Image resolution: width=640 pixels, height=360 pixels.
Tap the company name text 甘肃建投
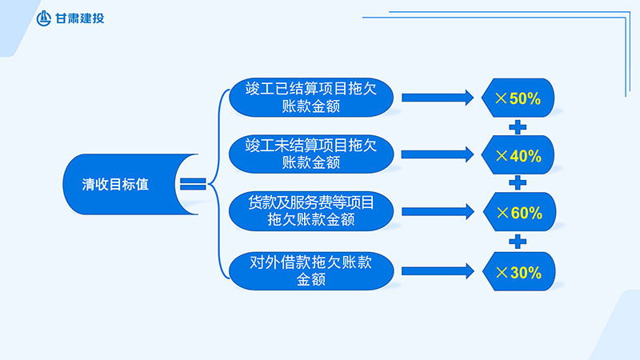click(80, 18)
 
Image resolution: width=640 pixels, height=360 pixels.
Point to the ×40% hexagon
click(518, 156)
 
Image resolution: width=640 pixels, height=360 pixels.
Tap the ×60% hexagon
click(518, 213)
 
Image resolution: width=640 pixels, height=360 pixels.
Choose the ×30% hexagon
click(518, 272)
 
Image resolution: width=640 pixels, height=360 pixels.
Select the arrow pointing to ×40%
click(437, 154)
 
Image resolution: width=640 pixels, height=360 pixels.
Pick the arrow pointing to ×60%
click(437, 211)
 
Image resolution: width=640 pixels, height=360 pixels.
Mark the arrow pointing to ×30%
click(437, 270)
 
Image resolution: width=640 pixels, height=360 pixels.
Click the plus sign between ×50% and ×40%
click(518, 126)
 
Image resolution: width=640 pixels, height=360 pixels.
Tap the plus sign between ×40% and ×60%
click(518, 183)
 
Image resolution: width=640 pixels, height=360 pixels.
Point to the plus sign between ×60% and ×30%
click(518, 242)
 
